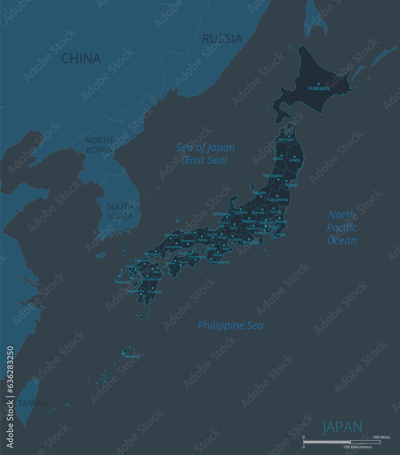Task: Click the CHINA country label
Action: pyautogui.click(x=81, y=58)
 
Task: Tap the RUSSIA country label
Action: pyautogui.click(x=222, y=39)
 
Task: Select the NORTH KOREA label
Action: pyautogui.click(x=99, y=145)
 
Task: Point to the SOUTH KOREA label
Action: pyautogui.click(x=120, y=211)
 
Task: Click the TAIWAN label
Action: pyautogui.click(x=33, y=403)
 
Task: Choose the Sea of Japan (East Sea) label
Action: pyautogui.click(x=205, y=154)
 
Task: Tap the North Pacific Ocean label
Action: pyautogui.click(x=342, y=227)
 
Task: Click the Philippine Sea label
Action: pyautogui.click(x=230, y=325)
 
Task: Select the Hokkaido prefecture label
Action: pyautogui.click(x=319, y=88)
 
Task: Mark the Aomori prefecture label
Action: pyautogui.click(x=286, y=139)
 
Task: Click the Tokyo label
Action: pyautogui.click(x=274, y=227)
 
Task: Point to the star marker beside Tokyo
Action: pyautogui.click(x=266, y=226)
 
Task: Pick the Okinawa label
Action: pyautogui.click(x=131, y=356)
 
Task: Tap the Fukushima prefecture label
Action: pyautogui.click(x=277, y=200)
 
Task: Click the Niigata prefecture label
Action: pyautogui.click(x=259, y=192)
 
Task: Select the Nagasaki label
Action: pyautogui.click(x=123, y=282)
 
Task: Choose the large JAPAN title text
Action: pyautogui.click(x=342, y=427)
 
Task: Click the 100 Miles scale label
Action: pyautogui.click(x=381, y=437)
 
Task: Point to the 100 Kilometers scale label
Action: pyautogui.click(x=358, y=447)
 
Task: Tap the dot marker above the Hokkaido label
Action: pyautogui.click(x=319, y=84)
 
